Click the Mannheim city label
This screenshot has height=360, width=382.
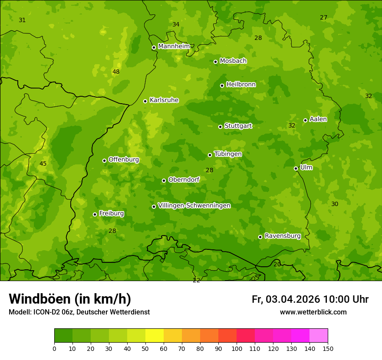coord(174,46)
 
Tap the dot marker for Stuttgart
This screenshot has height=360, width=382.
coord(220,127)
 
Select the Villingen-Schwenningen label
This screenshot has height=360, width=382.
coord(194,206)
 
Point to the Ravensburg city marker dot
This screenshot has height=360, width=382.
coord(260,237)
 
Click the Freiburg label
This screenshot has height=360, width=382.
coord(112,213)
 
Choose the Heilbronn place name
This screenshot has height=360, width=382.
coord(241,85)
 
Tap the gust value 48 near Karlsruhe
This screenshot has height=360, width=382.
coord(116,72)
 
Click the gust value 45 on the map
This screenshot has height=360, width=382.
coord(43,164)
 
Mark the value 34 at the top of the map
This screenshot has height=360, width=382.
coord(176,24)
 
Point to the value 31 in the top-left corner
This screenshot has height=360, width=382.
coord(22,20)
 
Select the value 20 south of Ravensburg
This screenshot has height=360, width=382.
coord(277,264)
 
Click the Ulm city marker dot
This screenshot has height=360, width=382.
coord(296,168)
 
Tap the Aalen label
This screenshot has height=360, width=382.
coord(318,119)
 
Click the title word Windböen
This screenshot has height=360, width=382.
coord(40,299)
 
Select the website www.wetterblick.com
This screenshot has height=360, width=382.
coord(313,312)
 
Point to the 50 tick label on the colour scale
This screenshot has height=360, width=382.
coord(145,348)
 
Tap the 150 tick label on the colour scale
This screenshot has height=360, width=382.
coord(328,348)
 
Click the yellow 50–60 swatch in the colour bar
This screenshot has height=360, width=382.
coord(155,336)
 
